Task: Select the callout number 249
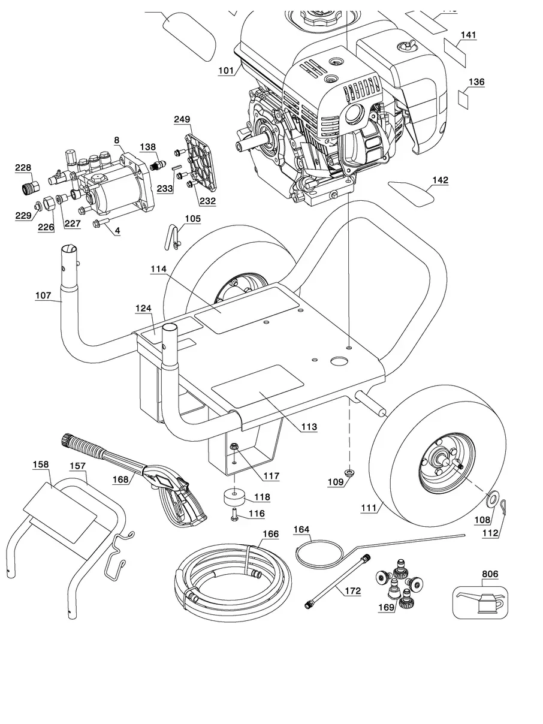182,120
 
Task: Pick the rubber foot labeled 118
234,497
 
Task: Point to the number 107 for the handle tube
44,295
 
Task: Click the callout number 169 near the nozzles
386,607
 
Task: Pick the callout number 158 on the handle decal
41,464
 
